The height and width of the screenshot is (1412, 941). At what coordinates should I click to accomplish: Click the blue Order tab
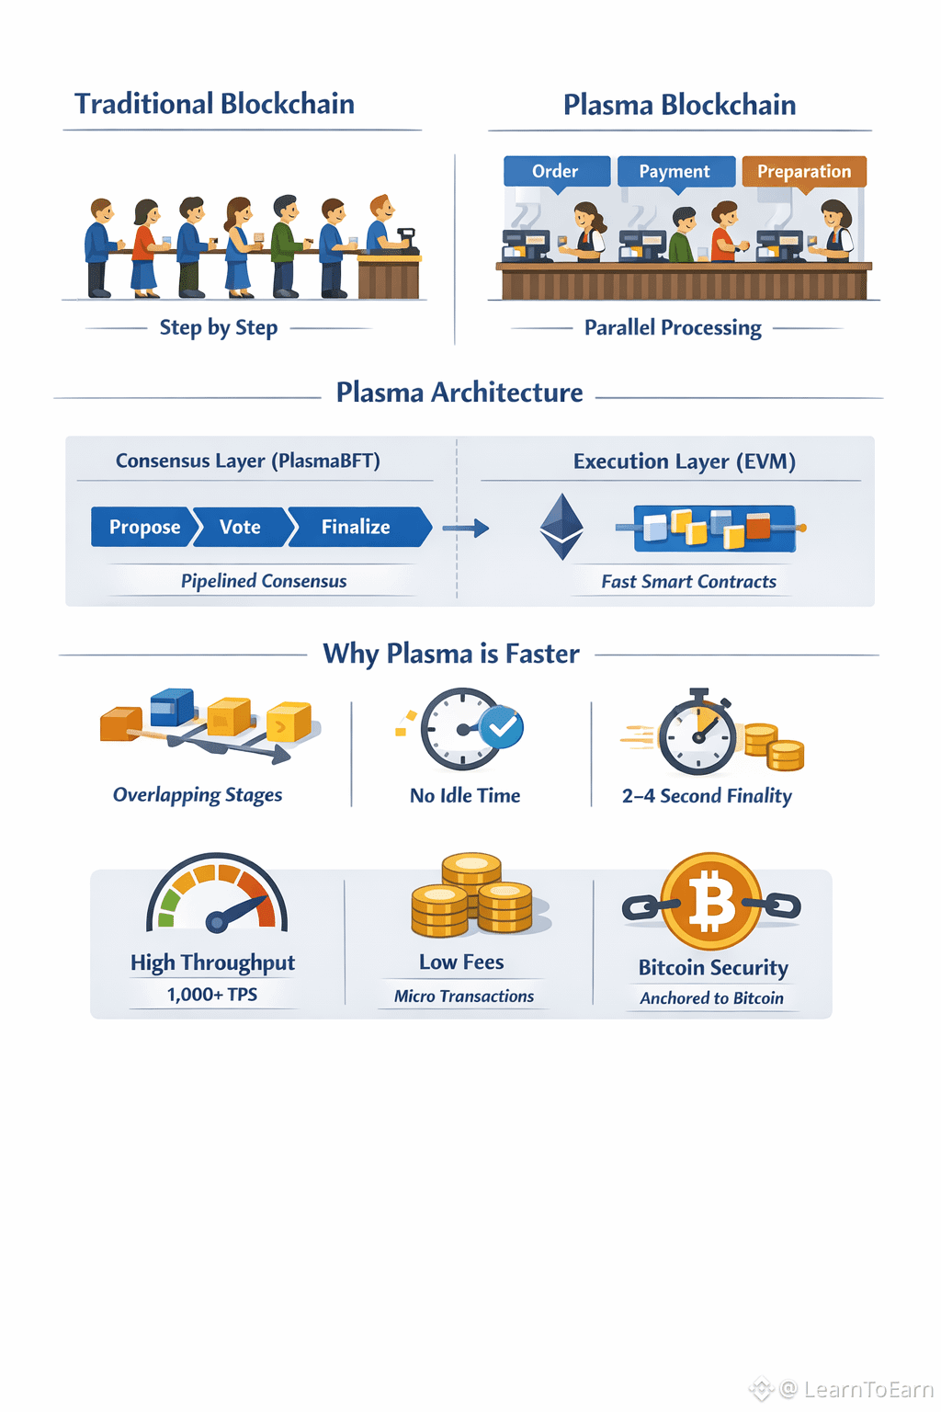557,172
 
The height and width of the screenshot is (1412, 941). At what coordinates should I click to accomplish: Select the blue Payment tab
676,172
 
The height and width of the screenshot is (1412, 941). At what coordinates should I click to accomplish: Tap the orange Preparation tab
804,172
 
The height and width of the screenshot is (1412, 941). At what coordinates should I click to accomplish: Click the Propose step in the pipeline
142,527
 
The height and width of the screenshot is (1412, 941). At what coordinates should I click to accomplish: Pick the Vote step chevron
240,527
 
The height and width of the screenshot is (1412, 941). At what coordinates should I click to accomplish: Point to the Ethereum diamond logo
561,527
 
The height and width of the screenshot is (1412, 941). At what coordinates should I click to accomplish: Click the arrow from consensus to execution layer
466,529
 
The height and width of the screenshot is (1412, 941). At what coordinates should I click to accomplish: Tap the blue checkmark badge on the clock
501,727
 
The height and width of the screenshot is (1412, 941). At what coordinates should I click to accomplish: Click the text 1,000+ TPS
211,995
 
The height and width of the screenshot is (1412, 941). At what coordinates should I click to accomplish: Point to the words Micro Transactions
464,996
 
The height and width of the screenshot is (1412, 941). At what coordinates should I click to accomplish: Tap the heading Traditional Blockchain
215,104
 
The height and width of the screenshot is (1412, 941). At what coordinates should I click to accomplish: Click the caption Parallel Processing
674,328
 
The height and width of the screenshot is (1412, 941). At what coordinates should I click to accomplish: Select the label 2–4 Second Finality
707,796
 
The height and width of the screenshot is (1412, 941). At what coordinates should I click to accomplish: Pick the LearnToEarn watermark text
868,1389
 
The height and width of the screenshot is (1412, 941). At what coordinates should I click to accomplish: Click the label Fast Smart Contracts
689,581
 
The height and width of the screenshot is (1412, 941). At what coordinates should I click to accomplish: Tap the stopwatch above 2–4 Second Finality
697,733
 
